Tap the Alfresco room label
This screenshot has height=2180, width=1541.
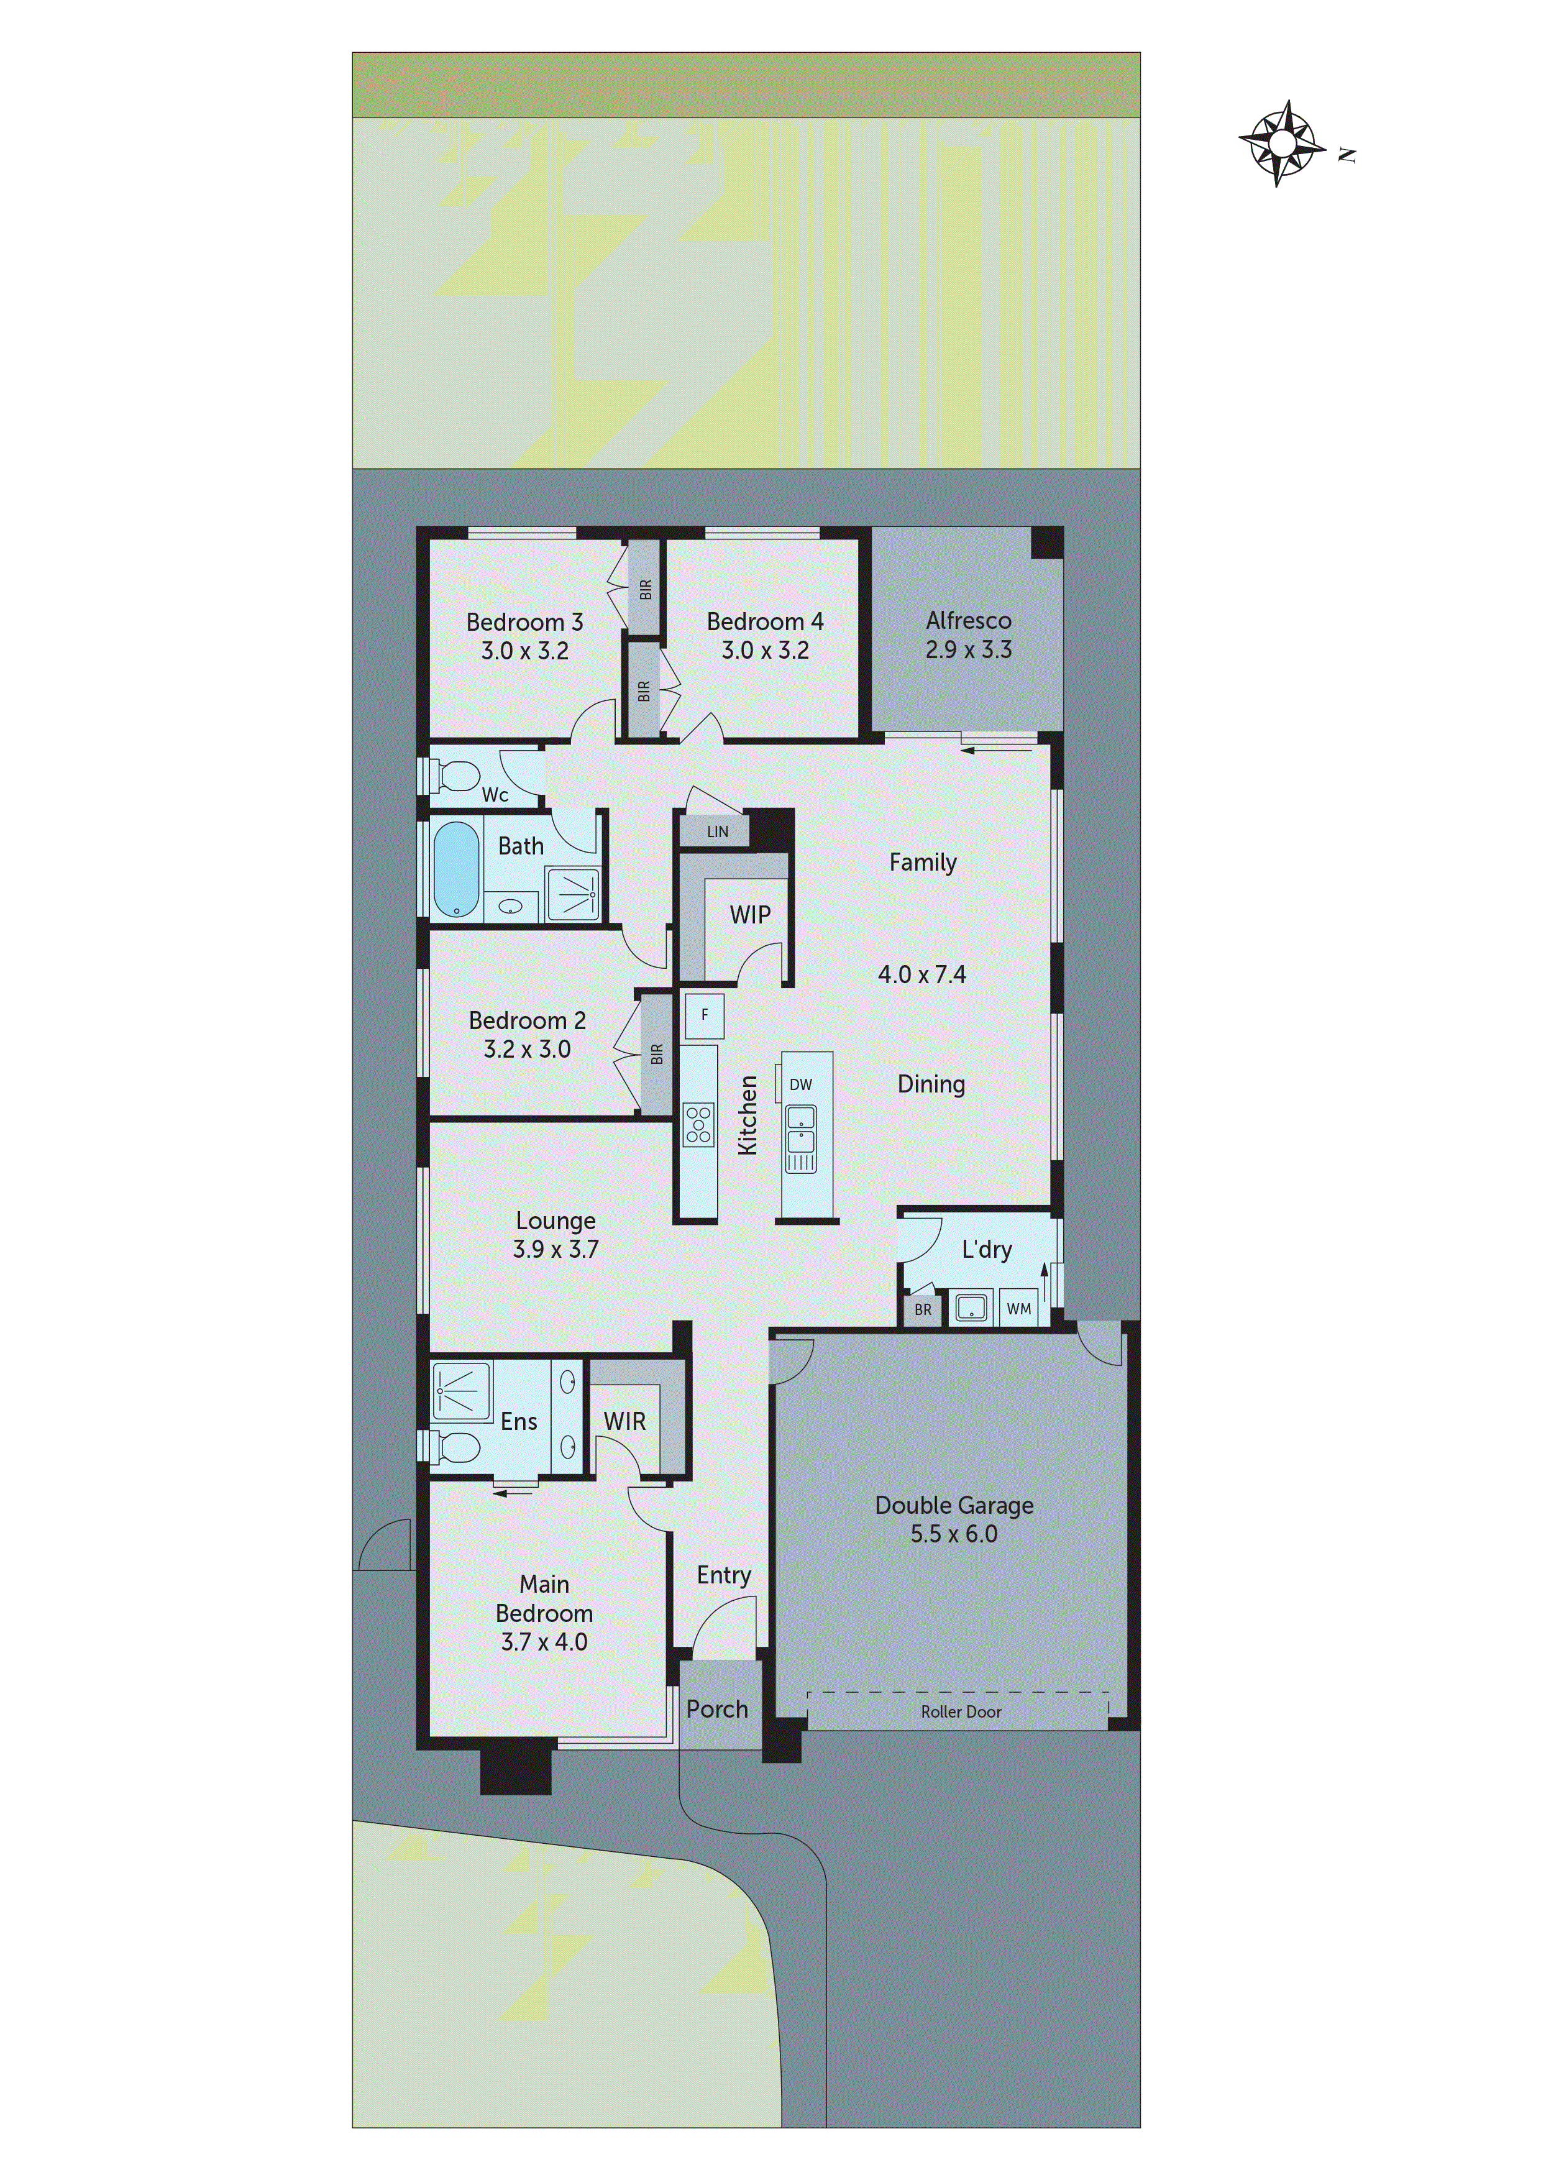(x=969, y=621)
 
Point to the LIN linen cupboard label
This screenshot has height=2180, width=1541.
(x=717, y=831)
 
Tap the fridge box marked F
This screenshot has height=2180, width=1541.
(x=705, y=1015)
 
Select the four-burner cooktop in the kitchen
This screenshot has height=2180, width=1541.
(x=699, y=1124)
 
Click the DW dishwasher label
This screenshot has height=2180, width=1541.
(x=800, y=1084)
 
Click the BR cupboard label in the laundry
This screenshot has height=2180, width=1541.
(x=923, y=1309)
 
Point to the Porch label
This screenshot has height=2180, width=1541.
(x=717, y=1709)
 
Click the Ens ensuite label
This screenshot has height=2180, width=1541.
(x=518, y=1421)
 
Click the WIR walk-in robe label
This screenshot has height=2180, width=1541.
(x=624, y=1421)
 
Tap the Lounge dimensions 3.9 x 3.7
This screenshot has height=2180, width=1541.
(x=556, y=1250)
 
